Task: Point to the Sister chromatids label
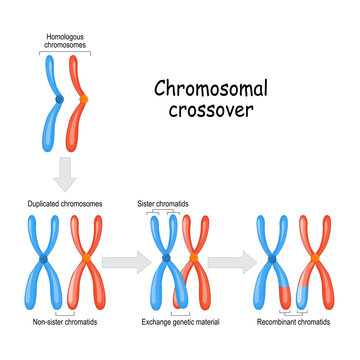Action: point(164,203)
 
